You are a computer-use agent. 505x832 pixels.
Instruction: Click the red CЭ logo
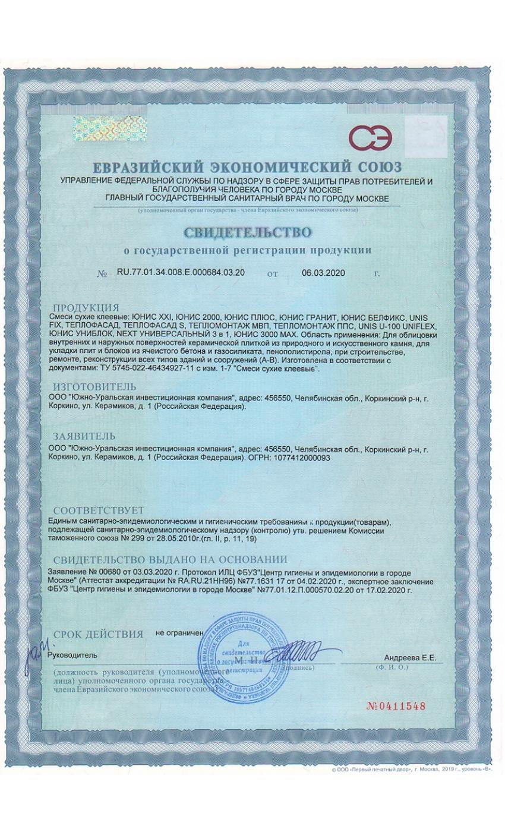(370, 138)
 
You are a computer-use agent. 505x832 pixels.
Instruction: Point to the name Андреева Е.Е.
(410, 657)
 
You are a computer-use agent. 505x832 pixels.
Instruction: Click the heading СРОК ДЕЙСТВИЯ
(98, 634)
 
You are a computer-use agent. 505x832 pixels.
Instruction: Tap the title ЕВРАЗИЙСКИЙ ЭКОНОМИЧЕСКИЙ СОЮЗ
(247, 166)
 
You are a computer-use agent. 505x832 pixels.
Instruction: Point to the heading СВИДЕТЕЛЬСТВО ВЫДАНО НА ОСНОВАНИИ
(170, 560)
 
